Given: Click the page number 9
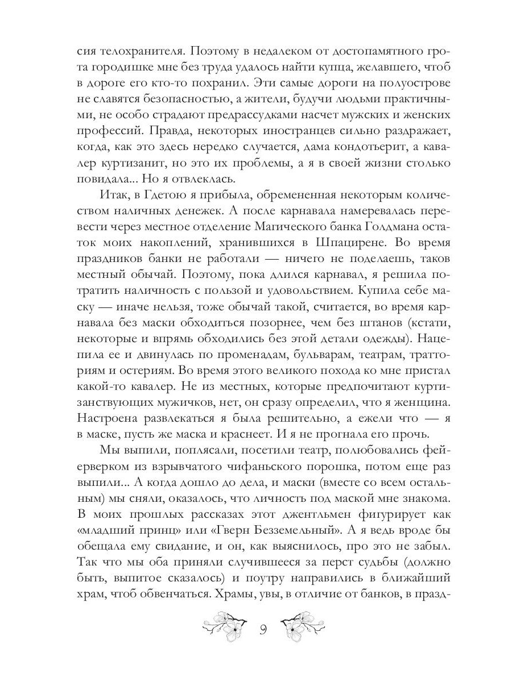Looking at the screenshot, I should pos(263,629).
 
